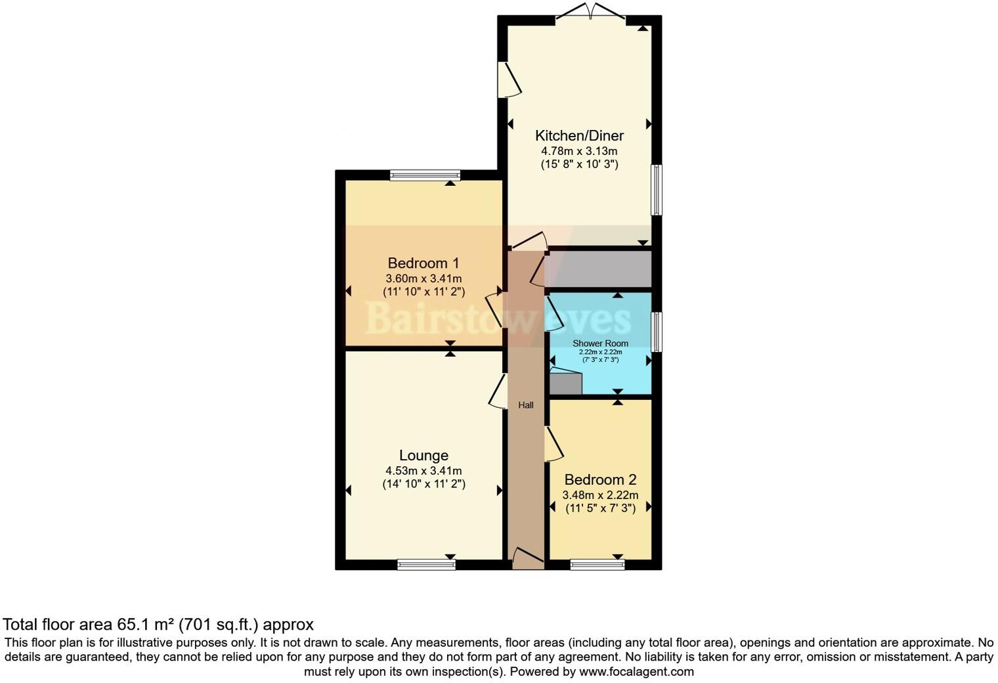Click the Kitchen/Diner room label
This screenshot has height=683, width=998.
pyautogui.click(x=579, y=136)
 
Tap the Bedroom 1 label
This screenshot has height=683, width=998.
pyautogui.click(x=423, y=263)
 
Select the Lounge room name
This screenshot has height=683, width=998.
pyautogui.click(x=423, y=456)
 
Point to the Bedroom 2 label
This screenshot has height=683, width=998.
pyautogui.click(x=600, y=480)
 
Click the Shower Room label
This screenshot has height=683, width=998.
pyautogui.click(x=600, y=343)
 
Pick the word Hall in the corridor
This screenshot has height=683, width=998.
pyautogui.click(x=526, y=406)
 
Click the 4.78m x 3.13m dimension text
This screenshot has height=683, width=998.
pyautogui.click(x=579, y=151)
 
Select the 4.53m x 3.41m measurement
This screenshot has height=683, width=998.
pyautogui.click(x=423, y=471)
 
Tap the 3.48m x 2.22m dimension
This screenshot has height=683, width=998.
pyautogui.click(x=600, y=495)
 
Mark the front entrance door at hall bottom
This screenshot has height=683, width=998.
pyautogui.click(x=527, y=559)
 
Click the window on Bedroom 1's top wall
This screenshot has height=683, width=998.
pyautogui.click(x=425, y=175)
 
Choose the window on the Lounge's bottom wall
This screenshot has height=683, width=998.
pyautogui.click(x=426, y=565)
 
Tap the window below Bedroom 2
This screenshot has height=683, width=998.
pyautogui.click(x=597, y=565)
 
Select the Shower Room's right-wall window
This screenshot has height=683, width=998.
pyautogui.click(x=657, y=332)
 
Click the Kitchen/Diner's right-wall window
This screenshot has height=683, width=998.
pyautogui.click(x=657, y=190)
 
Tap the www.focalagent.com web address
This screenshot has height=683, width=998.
pyautogui.click(x=636, y=672)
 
